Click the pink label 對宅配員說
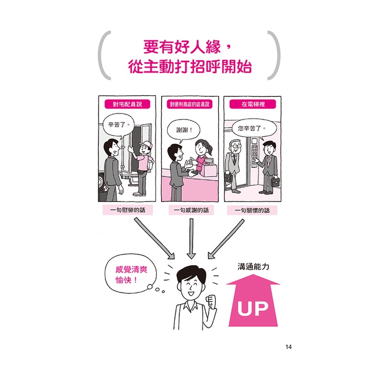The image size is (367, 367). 127,104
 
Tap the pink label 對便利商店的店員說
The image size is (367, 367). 189,104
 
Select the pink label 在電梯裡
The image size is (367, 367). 253,104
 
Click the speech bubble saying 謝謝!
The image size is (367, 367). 184,130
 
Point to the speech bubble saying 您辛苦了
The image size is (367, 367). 254,128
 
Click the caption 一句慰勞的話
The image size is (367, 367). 128,210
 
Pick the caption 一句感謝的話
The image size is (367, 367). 191,210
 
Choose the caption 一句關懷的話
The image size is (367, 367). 252,210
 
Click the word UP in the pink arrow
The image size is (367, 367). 253,308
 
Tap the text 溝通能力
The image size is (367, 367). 254,267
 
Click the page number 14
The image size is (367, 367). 288,347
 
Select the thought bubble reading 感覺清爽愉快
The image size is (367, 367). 131,274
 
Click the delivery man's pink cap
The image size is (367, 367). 146,145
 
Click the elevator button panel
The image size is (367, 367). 255,153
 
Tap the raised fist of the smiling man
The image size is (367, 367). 211,302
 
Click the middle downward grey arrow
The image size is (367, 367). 191,239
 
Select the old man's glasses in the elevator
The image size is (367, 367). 236,146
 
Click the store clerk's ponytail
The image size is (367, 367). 210,149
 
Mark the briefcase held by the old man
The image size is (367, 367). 229,177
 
